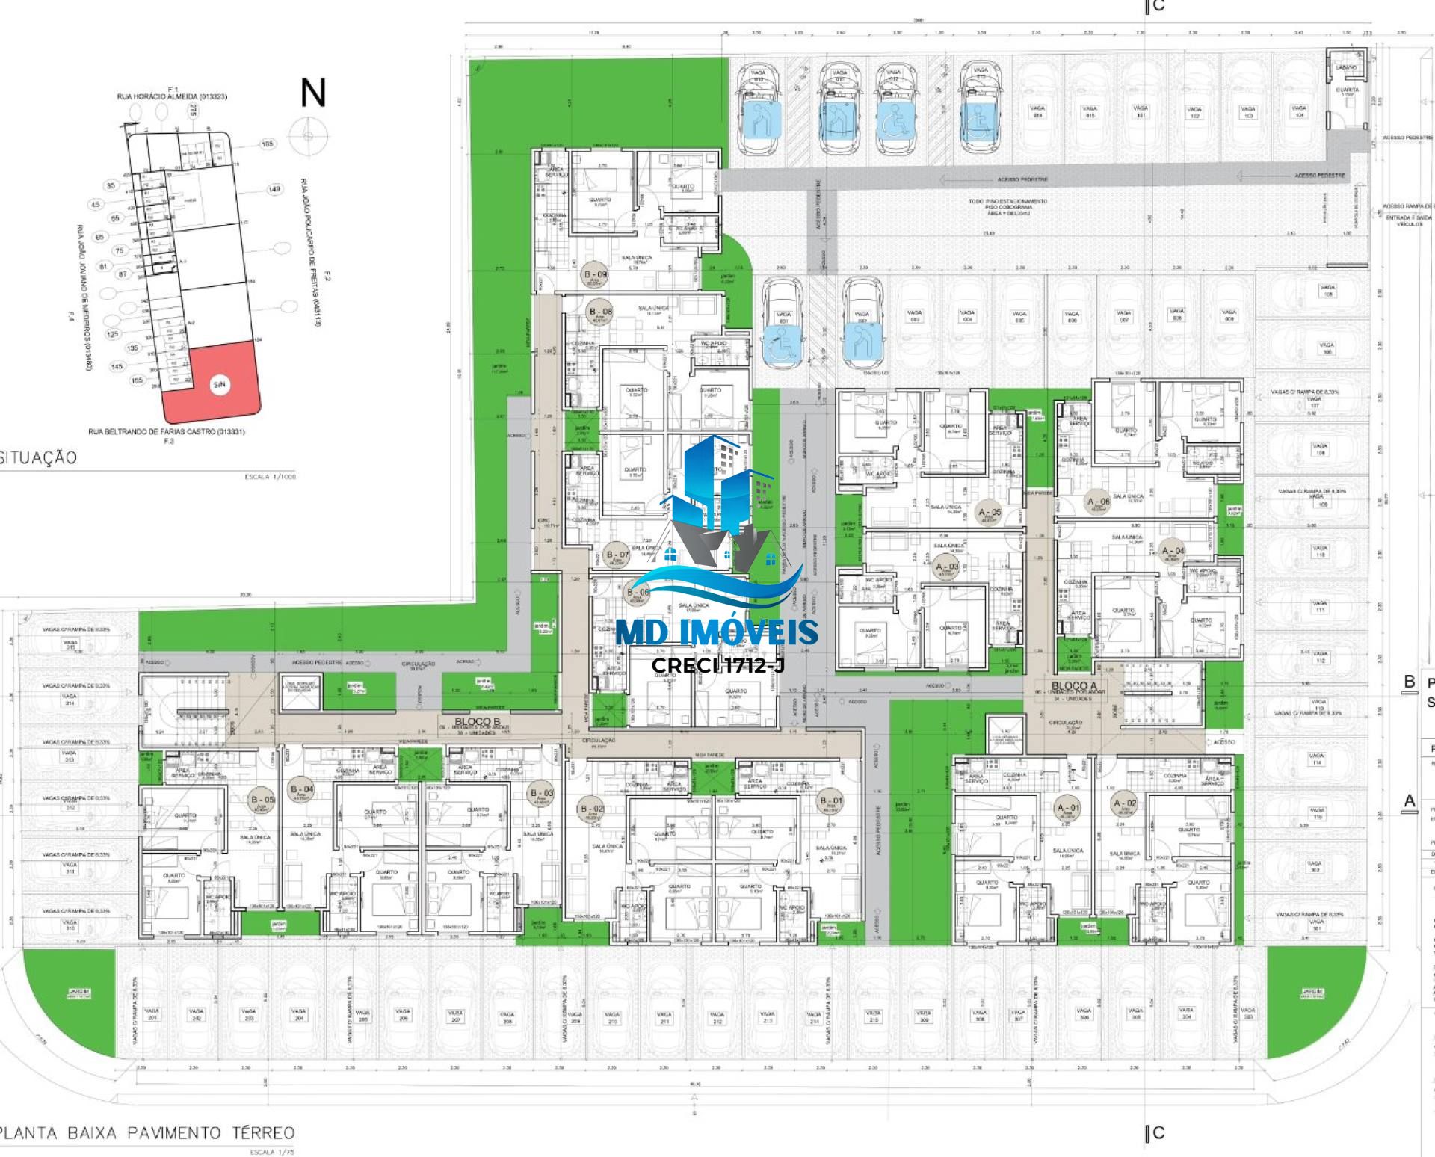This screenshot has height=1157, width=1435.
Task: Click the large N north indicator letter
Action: point(313,93)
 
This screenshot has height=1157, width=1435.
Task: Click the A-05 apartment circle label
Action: point(990,515)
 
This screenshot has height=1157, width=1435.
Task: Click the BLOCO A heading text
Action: point(1075,685)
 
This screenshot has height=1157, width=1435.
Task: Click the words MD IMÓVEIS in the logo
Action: point(717,633)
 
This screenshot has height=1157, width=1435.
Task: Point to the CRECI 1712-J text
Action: point(717,665)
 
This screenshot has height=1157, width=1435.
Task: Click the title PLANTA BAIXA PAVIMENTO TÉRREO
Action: point(147,1133)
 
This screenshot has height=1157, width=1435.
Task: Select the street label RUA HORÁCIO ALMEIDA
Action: point(172,97)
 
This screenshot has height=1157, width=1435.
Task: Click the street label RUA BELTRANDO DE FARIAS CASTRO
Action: point(166,431)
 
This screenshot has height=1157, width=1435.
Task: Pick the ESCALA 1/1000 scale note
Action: point(270,476)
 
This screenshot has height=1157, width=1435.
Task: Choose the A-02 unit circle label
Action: point(1125,805)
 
